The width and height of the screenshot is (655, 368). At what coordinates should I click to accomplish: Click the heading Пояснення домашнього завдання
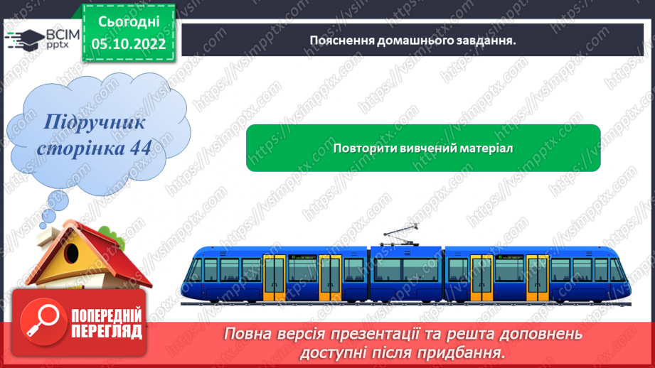point(412,40)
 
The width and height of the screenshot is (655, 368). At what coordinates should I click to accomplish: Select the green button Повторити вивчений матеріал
point(423,148)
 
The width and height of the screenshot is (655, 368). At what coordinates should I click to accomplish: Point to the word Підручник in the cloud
point(95,122)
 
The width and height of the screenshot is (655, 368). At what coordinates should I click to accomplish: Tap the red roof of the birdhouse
point(107,259)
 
